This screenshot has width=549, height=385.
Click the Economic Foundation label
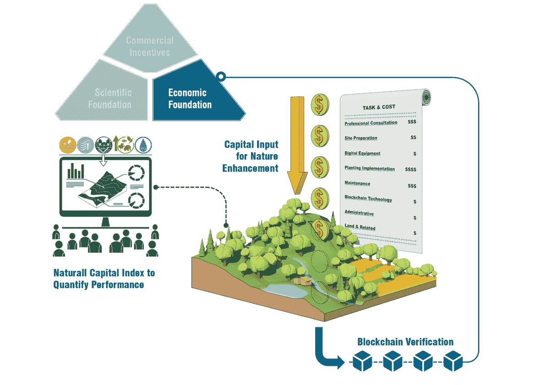[190, 99]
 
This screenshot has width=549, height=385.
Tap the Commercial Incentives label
[150, 46]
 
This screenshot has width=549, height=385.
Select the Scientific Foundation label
[110, 98]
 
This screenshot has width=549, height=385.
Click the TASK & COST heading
[379, 107]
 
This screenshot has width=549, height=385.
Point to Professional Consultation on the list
[371, 123]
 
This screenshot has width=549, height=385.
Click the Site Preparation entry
[361, 138]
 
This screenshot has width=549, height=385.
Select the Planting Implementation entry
[370, 168]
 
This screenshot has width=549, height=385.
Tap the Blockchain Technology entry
[368, 198]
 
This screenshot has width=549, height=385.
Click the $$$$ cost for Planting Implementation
[410, 169]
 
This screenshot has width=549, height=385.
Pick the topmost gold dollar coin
[320, 105]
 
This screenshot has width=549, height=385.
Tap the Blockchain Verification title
[405, 342]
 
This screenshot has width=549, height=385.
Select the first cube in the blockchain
[362, 361]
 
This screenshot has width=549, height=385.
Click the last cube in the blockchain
[453, 361]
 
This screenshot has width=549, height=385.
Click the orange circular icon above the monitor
[68, 145]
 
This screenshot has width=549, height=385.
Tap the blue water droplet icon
[143, 145]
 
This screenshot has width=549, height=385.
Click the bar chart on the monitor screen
[76, 171]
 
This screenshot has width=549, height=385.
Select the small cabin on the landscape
[303, 281]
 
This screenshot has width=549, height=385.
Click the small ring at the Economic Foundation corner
[221, 77]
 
